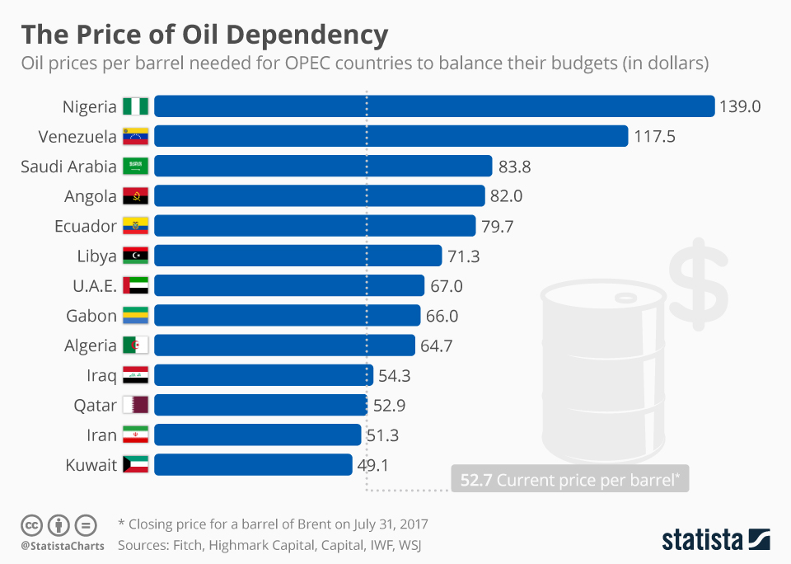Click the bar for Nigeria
tap(433, 106)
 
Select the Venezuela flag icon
tap(135, 136)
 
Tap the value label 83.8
tap(514, 167)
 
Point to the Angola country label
tap(90, 196)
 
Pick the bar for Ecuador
tap(315, 226)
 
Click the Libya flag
tap(135, 256)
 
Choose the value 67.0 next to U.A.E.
tap(446, 285)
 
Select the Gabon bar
tap(287, 315)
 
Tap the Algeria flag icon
tap(135, 345)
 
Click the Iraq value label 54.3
tap(394, 375)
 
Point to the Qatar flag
tap(135, 405)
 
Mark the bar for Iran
tap(257, 435)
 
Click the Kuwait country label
tap(91, 465)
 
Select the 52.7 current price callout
tap(569, 480)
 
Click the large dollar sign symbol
tap(698, 285)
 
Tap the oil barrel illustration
tap(601, 371)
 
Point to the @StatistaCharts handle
tap(62, 546)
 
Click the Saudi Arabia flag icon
tap(135, 167)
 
